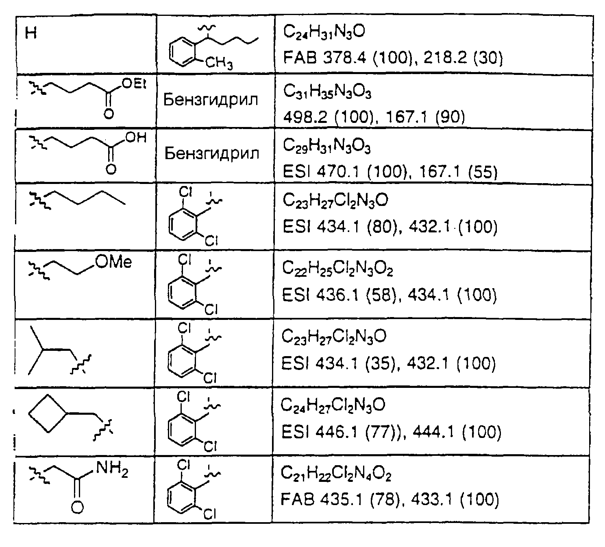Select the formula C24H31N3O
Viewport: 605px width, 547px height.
(x=324, y=32)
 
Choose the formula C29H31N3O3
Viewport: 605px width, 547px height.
(x=326, y=147)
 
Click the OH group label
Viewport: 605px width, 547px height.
(x=136, y=138)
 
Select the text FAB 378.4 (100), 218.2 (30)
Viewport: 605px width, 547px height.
(x=393, y=58)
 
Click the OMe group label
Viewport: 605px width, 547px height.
(x=113, y=262)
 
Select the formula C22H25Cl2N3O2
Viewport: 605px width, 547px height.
(x=337, y=269)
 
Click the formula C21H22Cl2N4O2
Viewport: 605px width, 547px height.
(x=336, y=473)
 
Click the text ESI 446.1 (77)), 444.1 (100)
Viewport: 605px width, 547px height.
(x=391, y=432)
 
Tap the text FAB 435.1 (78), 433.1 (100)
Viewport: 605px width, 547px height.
(x=390, y=499)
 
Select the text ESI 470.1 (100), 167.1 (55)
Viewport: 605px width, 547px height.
(x=390, y=172)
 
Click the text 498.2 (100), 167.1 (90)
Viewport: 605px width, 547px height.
(x=374, y=117)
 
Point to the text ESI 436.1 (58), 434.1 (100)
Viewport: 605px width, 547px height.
(x=390, y=295)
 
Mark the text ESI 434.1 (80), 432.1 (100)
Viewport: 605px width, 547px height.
(x=390, y=227)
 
